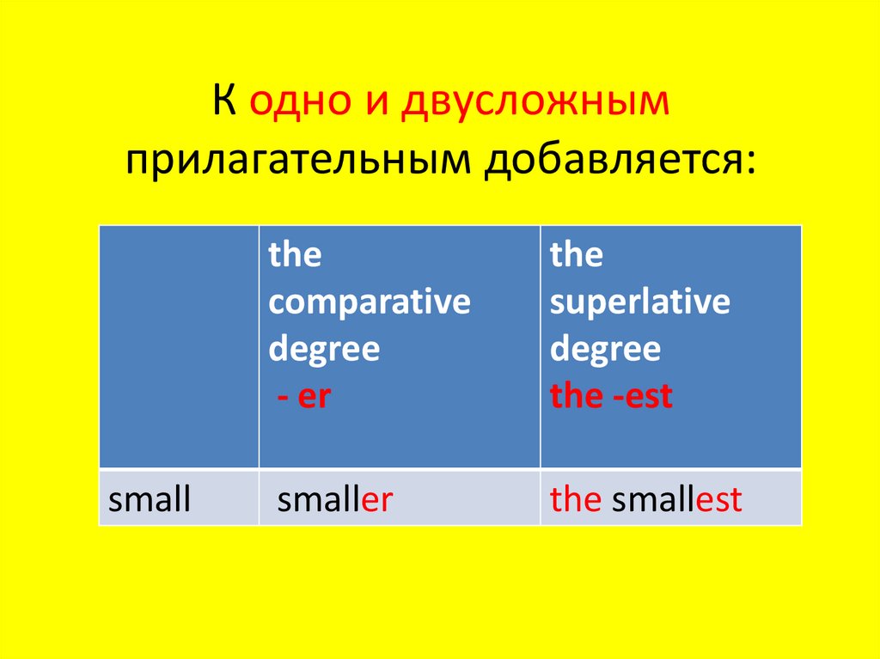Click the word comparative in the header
point(370,302)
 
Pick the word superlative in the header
point(639,302)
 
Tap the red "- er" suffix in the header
point(302,397)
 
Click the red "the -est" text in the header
point(611,397)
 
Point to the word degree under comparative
point(324,350)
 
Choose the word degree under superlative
point(605,350)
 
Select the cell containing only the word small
point(150,499)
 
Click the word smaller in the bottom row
point(334,499)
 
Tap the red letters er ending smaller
point(376,499)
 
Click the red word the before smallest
point(575,499)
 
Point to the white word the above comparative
point(295,255)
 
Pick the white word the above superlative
point(576,255)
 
